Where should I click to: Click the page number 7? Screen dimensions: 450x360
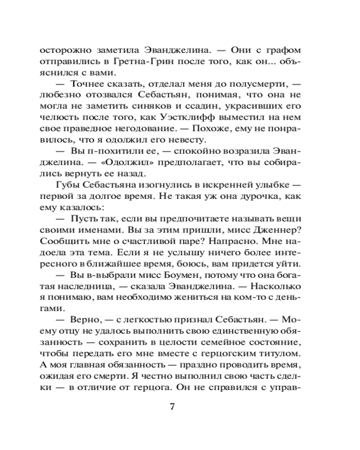[x=171, y=406]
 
